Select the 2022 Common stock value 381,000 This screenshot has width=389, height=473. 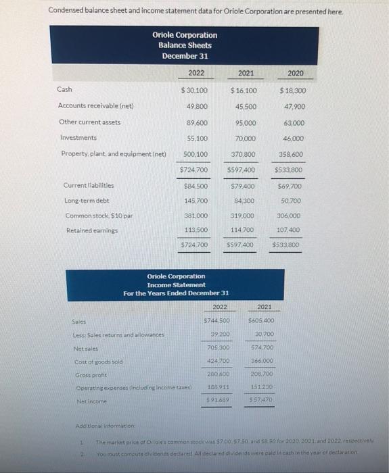click(x=196, y=216)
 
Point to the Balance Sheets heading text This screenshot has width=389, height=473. click(x=185, y=45)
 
